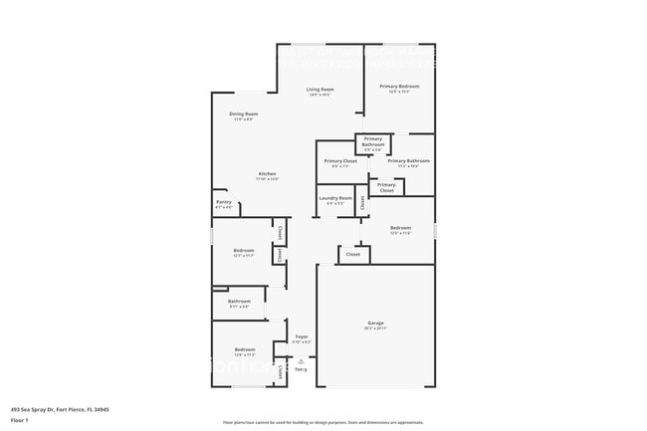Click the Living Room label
click(320, 90)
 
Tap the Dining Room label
click(244, 114)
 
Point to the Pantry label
click(224, 202)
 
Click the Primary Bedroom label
click(399, 87)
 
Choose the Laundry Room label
click(335, 198)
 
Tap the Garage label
click(375, 323)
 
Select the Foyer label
click(302, 337)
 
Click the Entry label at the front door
click(300, 370)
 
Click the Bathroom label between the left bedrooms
click(239, 301)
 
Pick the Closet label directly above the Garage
click(352, 254)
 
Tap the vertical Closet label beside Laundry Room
click(363, 201)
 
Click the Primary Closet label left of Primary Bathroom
click(340, 161)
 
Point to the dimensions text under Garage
click(375, 329)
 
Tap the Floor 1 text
click(19, 420)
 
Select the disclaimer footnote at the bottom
click(323, 422)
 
